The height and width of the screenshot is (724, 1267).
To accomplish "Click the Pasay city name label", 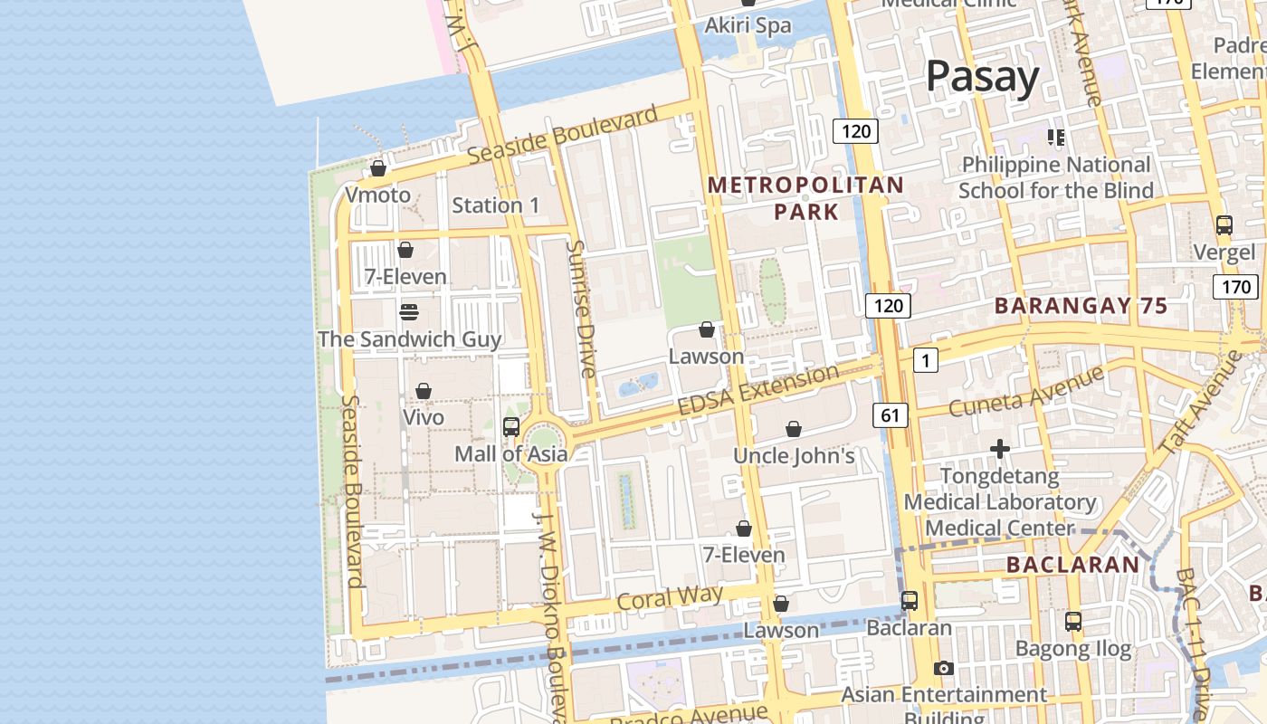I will (x=982, y=77).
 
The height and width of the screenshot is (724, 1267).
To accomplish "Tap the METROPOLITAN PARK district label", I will (x=805, y=198).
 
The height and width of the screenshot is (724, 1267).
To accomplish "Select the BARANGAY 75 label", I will (x=1081, y=306).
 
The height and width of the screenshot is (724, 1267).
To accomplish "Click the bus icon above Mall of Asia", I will (x=511, y=427).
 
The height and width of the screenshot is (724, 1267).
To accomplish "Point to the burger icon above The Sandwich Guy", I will (x=409, y=312).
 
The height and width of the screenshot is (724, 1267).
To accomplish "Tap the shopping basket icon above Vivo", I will (x=424, y=391).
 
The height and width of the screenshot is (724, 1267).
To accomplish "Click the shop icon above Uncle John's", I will (x=794, y=429).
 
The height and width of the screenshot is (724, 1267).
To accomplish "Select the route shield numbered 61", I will (x=891, y=415).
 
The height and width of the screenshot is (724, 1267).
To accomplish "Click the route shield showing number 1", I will (x=925, y=360).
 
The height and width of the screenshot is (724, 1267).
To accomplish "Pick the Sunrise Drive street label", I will (x=580, y=309).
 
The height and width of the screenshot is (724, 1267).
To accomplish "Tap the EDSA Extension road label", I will (x=758, y=391).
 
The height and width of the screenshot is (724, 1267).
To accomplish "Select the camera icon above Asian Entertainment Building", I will (x=944, y=669).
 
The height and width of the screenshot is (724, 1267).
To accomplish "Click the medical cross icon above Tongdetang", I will (x=999, y=449).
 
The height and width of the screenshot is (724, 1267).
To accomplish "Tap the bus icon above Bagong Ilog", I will (x=1073, y=622).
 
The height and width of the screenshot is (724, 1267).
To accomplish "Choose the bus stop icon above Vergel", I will (x=1224, y=225).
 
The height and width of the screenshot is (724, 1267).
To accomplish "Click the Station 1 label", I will (x=495, y=205).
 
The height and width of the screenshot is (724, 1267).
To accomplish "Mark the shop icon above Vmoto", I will (x=378, y=169).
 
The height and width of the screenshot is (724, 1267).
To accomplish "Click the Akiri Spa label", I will (x=748, y=25).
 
